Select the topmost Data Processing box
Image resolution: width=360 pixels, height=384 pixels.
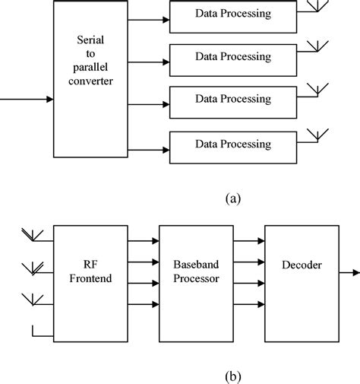point(232,15)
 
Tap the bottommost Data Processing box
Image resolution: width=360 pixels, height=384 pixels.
point(232,144)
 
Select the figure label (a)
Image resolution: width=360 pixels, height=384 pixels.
point(232,198)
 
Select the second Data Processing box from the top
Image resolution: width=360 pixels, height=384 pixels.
point(232,56)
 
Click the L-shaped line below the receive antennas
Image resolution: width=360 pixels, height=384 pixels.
point(38,332)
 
